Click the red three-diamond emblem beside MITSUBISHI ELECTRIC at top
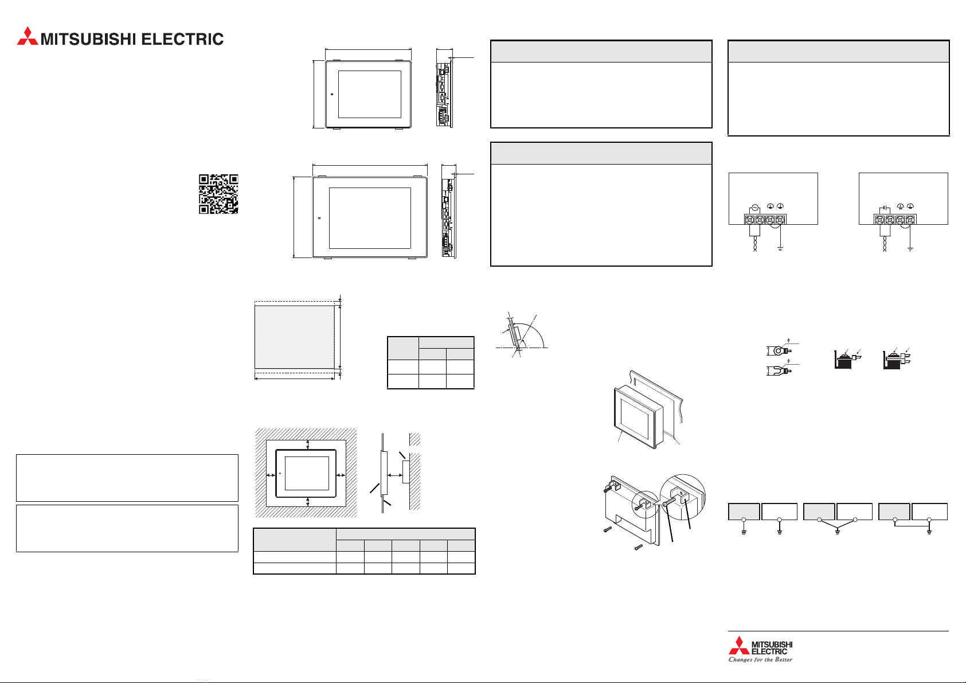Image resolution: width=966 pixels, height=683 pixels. click(x=27, y=36)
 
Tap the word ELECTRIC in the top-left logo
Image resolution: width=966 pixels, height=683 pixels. click(x=182, y=39)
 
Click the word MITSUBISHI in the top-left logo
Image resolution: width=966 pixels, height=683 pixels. click(x=88, y=39)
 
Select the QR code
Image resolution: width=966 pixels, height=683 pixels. click(x=218, y=194)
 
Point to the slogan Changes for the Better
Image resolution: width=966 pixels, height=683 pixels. click(x=760, y=659)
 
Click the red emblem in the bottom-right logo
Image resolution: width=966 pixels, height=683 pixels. click(x=739, y=645)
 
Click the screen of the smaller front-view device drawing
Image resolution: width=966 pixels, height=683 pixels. click(x=370, y=94)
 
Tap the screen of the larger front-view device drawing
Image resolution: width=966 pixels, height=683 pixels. click(x=370, y=218)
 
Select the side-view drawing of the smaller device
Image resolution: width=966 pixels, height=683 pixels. click(x=445, y=93)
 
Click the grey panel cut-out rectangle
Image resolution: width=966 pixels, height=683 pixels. click(x=295, y=337)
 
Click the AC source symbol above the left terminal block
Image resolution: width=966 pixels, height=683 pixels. click(x=754, y=208)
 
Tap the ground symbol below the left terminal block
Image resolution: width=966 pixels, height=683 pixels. click(x=780, y=248)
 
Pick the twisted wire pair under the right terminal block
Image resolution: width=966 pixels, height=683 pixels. click(x=885, y=244)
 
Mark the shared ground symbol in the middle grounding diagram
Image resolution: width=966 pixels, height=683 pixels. click(x=838, y=532)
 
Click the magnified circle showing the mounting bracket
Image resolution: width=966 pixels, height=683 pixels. click(x=683, y=497)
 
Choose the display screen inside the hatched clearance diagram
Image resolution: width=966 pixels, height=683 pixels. click(x=307, y=473)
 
